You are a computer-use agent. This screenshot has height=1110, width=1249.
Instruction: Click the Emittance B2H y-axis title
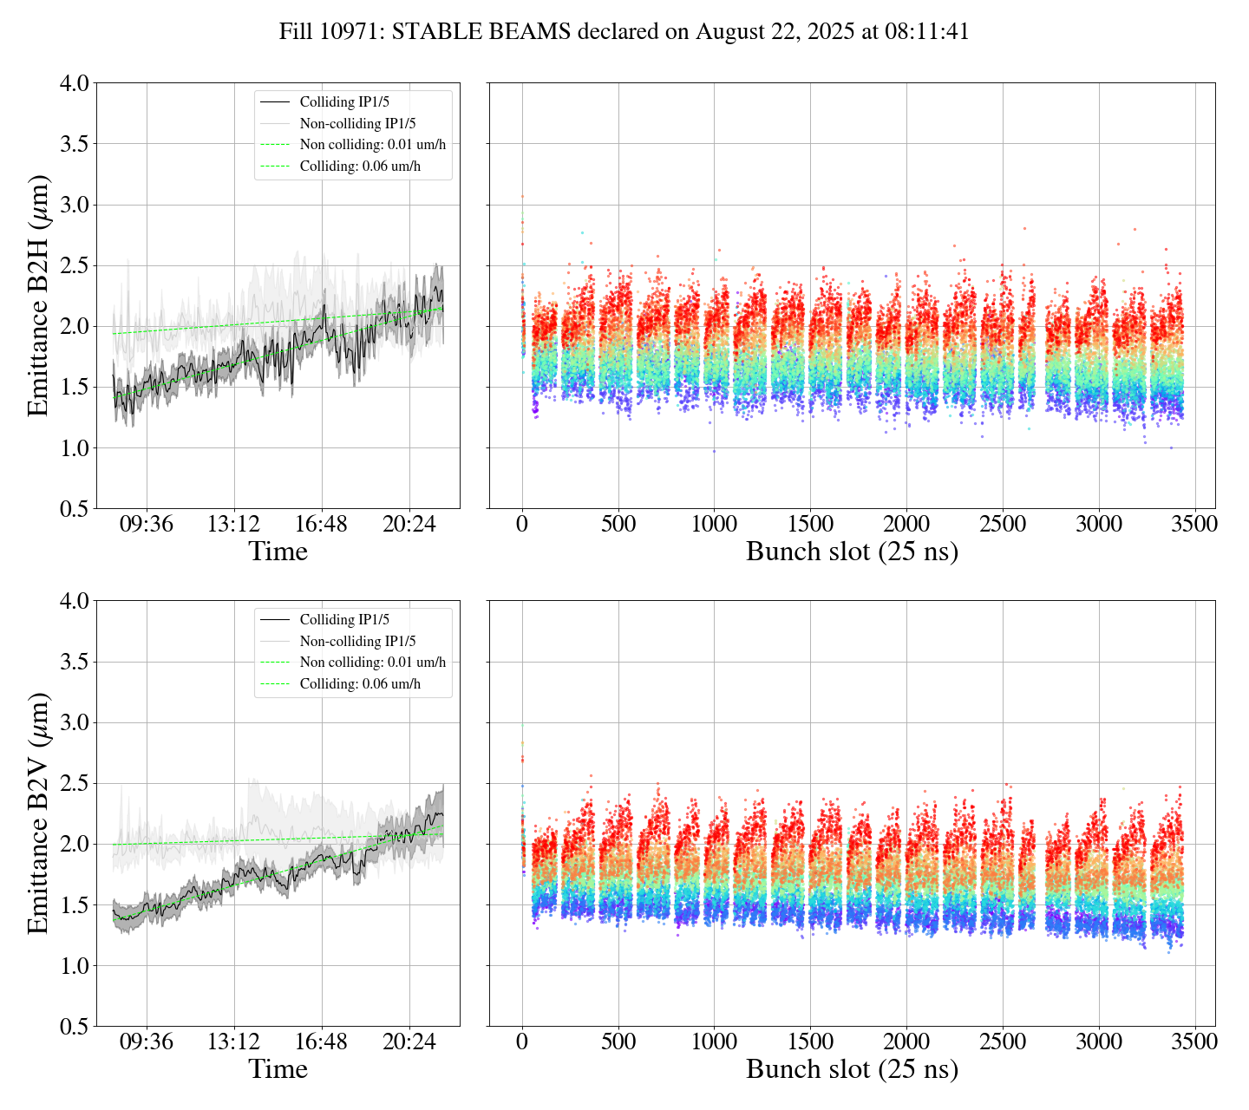(37, 296)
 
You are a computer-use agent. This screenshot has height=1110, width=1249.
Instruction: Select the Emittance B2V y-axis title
(37, 813)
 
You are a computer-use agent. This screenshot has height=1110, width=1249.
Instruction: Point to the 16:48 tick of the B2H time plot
(322, 525)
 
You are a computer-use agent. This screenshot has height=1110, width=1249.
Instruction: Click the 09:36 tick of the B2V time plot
(146, 1042)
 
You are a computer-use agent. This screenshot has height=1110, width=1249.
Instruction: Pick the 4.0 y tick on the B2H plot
(74, 84)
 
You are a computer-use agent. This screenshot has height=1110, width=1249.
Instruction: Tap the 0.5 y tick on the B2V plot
(74, 1027)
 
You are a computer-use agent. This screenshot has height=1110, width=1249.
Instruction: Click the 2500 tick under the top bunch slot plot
(1002, 525)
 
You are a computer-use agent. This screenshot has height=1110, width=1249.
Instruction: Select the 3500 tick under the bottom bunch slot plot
(1194, 1042)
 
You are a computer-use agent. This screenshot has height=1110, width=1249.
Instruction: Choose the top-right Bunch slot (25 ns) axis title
(852, 552)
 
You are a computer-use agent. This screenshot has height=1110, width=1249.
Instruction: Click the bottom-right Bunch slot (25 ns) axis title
(852, 1070)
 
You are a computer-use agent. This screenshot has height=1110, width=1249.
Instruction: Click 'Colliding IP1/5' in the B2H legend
(344, 102)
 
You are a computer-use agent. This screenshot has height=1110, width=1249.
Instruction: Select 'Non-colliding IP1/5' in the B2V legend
(357, 642)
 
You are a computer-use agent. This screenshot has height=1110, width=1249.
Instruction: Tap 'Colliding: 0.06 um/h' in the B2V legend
(360, 684)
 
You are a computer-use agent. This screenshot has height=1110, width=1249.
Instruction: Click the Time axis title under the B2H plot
(278, 552)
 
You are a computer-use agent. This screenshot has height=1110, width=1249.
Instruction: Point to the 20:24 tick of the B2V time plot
(409, 1042)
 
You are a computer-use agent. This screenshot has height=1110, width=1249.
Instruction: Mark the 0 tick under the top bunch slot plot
(522, 525)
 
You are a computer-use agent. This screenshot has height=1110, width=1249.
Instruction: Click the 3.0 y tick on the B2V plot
(74, 723)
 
